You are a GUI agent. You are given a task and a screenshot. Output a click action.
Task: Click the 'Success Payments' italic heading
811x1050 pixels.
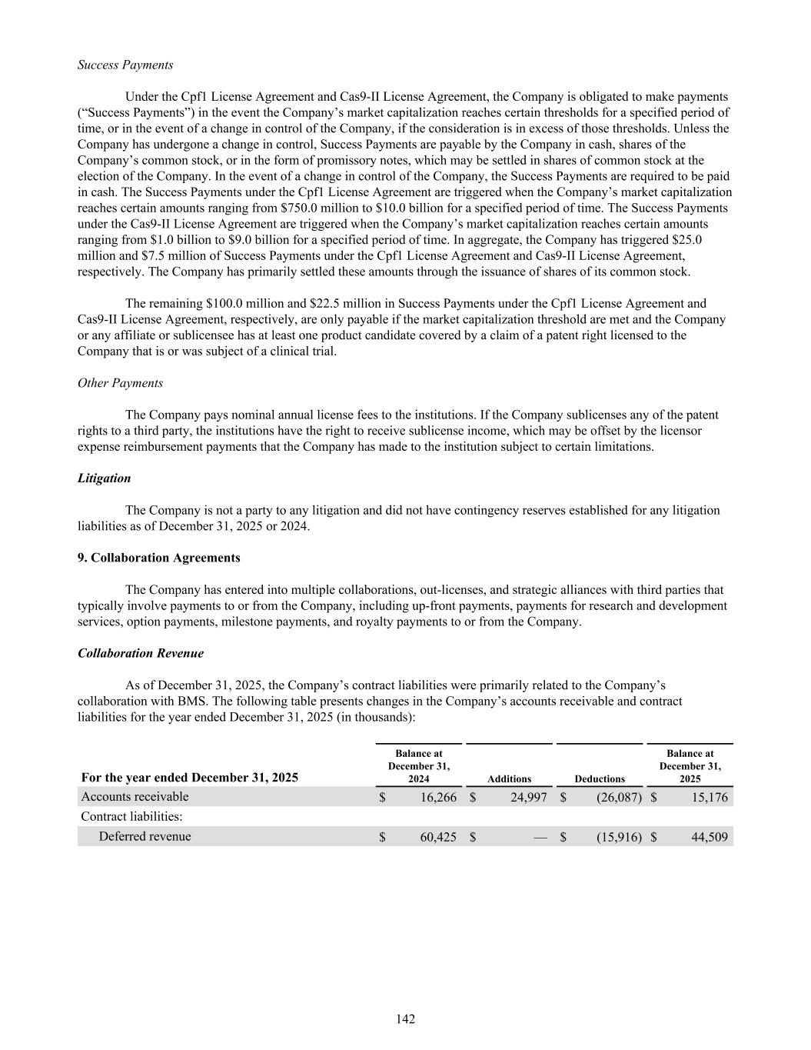coord(125,65)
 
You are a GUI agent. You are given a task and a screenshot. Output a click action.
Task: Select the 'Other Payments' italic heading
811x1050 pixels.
coord(120,383)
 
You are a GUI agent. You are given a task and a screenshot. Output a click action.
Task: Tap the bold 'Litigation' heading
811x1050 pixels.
coord(104,478)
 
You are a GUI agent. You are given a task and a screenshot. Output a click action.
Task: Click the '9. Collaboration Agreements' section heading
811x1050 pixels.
coord(158,558)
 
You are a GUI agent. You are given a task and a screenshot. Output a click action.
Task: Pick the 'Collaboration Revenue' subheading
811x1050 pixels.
coord(141,653)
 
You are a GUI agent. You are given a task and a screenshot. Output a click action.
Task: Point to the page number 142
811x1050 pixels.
coord(406,1019)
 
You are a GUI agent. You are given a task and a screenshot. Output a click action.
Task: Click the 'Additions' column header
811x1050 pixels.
coord(509,779)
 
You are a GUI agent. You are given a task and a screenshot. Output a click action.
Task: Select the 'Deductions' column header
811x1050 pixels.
coord(600,779)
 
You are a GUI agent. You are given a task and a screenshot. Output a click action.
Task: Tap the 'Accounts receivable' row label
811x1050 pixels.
coord(135,797)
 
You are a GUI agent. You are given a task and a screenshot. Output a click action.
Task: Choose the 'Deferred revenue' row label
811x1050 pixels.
coord(145,837)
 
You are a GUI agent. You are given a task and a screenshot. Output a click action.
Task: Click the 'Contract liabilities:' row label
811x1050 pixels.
coord(131,817)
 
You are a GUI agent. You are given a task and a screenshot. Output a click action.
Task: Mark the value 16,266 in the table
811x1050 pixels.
coord(438,798)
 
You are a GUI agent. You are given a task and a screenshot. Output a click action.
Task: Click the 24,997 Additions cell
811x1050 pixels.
coord(528,798)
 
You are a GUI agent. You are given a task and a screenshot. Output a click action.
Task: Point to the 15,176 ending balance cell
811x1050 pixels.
coord(709,798)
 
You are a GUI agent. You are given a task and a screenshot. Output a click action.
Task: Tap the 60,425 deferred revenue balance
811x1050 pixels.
coord(438,837)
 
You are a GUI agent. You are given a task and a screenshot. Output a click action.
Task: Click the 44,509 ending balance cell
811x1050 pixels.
coord(709,837)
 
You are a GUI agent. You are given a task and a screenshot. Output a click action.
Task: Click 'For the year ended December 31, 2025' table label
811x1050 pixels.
coord(189,778)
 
